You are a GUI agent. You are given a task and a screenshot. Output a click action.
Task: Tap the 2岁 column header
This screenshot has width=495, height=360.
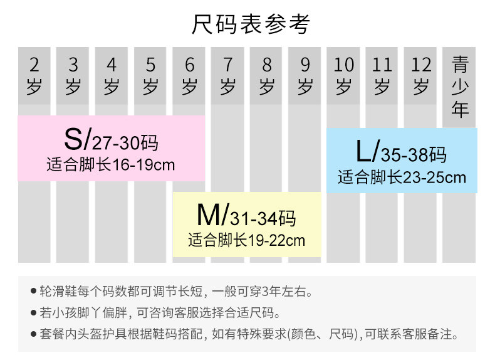[x=34, y=75]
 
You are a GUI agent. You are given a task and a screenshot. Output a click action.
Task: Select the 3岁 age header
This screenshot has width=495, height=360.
[x=73, y=75]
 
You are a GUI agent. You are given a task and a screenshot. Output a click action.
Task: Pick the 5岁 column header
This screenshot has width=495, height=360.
[x=150, y=75]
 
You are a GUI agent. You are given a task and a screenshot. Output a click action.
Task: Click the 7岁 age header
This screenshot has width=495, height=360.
[x=228, y=75]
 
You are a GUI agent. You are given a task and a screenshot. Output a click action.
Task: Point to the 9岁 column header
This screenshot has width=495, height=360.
[x=305, y=75]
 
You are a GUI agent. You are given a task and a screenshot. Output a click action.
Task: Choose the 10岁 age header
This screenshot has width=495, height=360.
[x=344, y=75]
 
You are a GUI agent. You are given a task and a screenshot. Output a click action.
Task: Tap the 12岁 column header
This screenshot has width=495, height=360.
[x=422, y=75]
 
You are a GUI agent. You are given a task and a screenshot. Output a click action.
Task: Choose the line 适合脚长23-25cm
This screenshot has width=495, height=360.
[x=402, y=177]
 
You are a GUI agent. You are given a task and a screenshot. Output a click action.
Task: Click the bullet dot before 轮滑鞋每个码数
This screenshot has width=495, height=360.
[x=33, y=292]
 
